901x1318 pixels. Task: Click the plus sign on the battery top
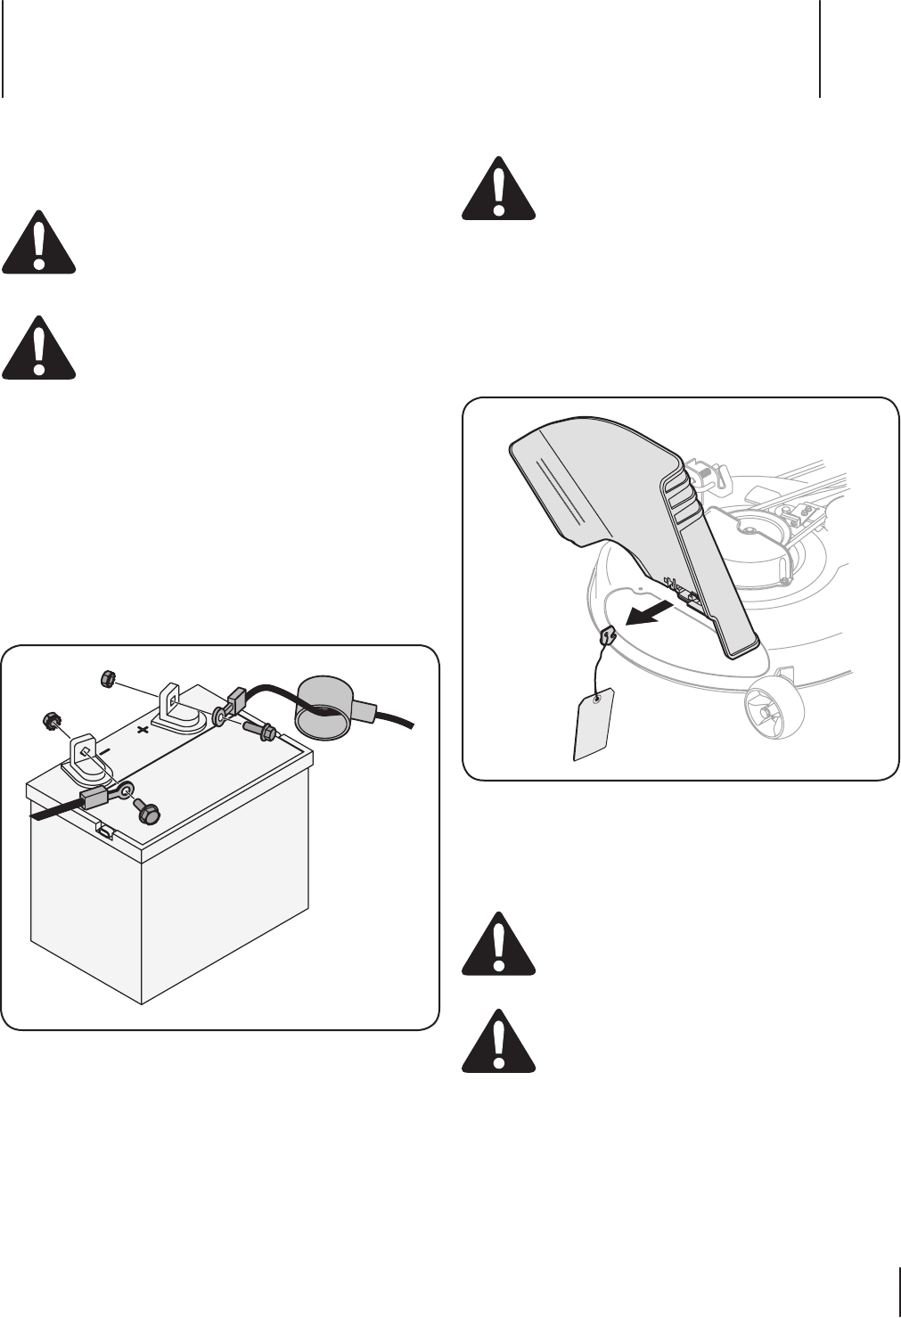[141, 728]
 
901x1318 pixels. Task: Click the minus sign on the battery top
[104, 751]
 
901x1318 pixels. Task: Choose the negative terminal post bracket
[82, 749]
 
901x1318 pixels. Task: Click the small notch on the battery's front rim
[104, 831]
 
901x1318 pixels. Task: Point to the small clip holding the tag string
[608, 635]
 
